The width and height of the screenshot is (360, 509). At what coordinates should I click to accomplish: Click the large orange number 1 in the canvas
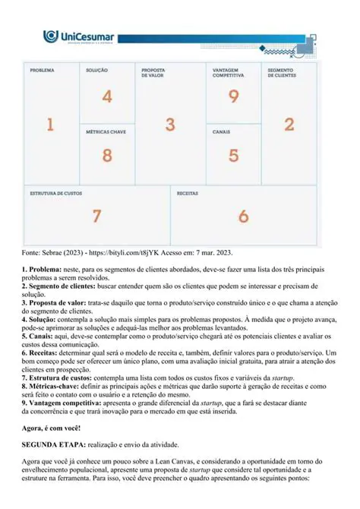[50, 125]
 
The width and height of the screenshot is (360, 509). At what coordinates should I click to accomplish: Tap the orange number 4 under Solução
[107, 96]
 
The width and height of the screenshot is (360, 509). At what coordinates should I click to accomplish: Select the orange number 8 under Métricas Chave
[107, 155]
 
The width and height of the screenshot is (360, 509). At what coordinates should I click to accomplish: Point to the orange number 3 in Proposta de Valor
[170, 125]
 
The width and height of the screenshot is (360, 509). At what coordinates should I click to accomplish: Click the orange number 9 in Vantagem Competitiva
[233, 96]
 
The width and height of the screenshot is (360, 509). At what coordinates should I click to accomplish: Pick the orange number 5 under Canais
[233, 155]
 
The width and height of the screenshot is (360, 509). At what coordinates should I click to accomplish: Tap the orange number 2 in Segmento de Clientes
[289, 125]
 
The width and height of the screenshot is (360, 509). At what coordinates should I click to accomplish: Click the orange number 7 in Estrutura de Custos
[96, 216]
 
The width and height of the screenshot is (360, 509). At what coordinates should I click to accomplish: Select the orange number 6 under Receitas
[243, 216]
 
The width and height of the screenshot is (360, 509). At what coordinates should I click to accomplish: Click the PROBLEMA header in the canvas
[42, 70]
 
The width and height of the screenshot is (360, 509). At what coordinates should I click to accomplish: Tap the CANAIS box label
[221, 131]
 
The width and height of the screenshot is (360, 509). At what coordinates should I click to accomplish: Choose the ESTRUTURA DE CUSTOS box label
[55, 194]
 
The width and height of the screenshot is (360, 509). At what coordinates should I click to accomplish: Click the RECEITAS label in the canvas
[188, 194]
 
